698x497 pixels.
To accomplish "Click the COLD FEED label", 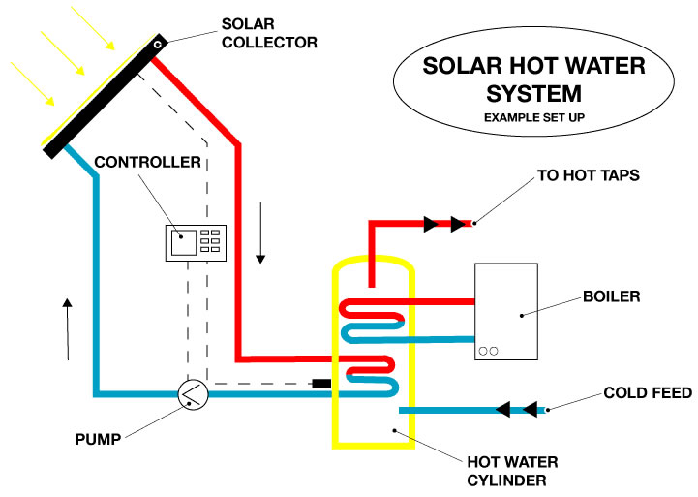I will click(x=648, y=393).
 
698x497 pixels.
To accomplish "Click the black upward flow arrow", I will click(x=67, y=329).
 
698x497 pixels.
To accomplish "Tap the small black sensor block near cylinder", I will click(x=320, y=384).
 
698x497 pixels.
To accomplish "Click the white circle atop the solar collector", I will click(x=157, y=45).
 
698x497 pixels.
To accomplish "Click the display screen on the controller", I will click(x=184, y=242).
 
